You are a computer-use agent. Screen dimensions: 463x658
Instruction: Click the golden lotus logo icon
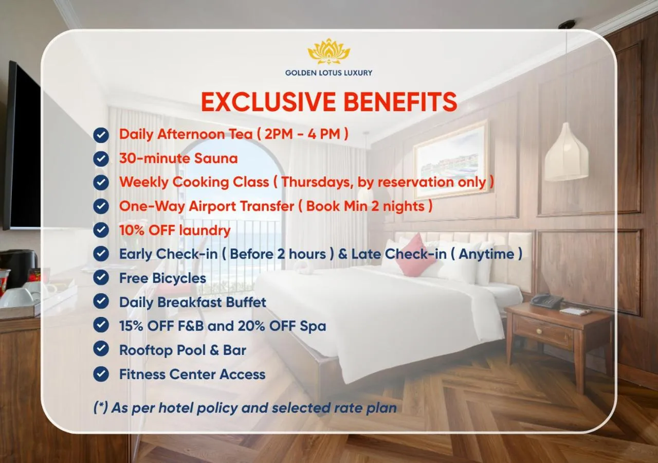coord(328,51)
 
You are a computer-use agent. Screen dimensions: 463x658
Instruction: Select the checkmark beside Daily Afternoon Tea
coord(101,135)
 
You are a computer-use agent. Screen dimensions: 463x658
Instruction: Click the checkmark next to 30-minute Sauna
coord(101,158)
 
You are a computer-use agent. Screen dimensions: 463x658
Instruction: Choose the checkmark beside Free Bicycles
coord(101,278)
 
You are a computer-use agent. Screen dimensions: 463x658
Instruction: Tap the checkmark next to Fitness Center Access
coord(101,374)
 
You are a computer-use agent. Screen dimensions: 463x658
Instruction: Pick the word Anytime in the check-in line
coord(486,254)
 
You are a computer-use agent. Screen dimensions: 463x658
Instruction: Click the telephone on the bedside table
coord(546,300)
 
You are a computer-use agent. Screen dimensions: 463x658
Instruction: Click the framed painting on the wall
coord(451,160)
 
